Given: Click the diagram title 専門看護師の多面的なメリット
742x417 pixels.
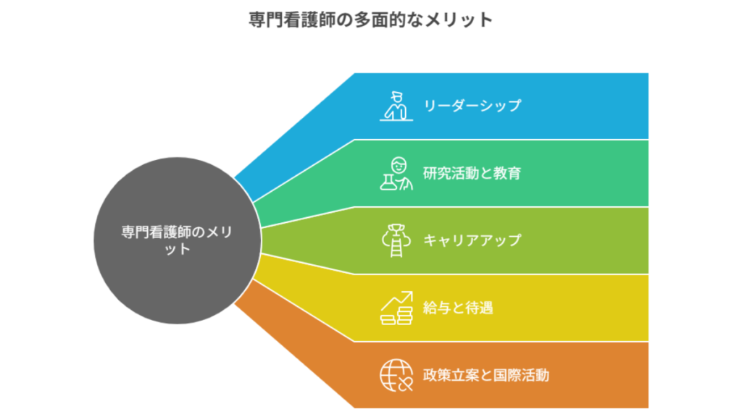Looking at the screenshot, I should tap(370, 20).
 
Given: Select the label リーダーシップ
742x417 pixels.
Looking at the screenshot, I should tap(472, 106).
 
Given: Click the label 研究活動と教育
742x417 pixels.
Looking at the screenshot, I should tap(472, 173).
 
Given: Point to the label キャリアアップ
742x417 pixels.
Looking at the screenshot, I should tap(472, 240).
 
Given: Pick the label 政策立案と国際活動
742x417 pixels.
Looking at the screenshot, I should tap(485, 375).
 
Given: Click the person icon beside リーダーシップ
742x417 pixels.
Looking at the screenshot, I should tap(396, 106).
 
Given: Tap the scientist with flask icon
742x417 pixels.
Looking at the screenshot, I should tap(396, 173).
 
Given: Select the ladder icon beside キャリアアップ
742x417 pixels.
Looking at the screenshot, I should tap(396, 240).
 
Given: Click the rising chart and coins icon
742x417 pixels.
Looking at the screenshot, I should tap(396, 308).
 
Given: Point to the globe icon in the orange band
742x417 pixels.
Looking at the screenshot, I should tap(396, 375).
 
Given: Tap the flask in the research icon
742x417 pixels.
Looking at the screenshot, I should tap(390, 181).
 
